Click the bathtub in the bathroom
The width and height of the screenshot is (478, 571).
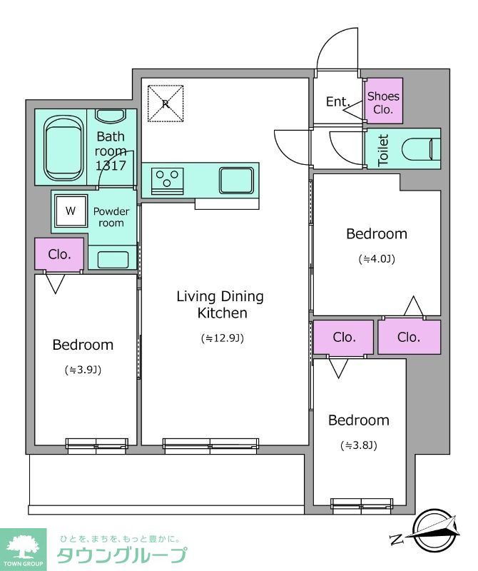(63, 148)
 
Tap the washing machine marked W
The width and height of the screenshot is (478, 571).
(71, 211)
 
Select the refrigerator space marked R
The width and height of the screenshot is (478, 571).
(166, 103)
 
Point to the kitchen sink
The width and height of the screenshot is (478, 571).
(236, 181)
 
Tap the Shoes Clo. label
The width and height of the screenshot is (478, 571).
(383, 102)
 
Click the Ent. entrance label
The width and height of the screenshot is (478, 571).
(337, 101)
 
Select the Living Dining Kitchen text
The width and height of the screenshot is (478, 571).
(220, 305)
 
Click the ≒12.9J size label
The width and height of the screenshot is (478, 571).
(223, 338)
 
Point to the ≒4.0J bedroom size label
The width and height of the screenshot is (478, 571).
(377, 259)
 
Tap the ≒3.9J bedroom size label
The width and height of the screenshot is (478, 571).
(83, 370)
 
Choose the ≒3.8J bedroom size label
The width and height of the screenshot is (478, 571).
(359, 445)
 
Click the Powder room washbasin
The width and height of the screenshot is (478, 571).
(113, 260)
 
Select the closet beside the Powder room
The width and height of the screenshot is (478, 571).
(59, 254)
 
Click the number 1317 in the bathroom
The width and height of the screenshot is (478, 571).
(111, 166)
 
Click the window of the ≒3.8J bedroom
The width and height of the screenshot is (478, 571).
(362, 504)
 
